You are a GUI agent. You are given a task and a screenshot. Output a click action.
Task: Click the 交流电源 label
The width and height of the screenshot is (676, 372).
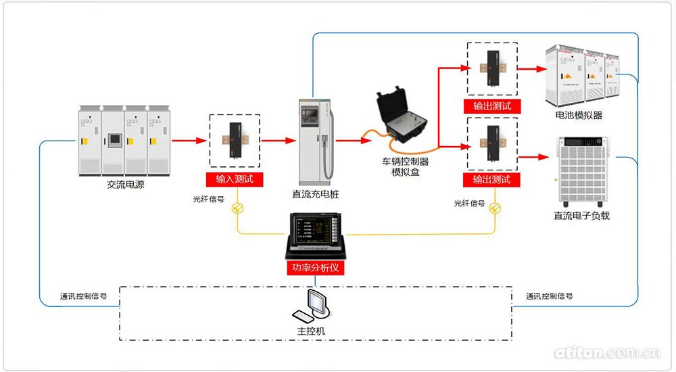point(126,184)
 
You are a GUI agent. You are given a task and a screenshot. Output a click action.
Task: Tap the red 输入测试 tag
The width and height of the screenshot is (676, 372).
point(235,179)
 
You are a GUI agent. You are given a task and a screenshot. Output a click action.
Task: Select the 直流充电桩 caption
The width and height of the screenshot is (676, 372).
point(316,194)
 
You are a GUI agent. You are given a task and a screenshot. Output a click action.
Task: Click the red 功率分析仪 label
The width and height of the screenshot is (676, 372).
point(316,268)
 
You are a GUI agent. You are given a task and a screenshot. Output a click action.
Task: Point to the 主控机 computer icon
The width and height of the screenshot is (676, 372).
point(312,308)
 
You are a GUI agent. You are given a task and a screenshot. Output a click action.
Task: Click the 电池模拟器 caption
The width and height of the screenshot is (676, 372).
point(579,116)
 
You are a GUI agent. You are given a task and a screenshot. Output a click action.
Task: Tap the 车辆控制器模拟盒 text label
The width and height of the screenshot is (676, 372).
point(406,166)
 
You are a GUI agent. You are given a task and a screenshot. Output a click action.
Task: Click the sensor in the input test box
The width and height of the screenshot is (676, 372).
point(235,141)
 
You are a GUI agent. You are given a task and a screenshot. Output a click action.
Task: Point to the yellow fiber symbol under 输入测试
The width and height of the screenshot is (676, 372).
point(237,208)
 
